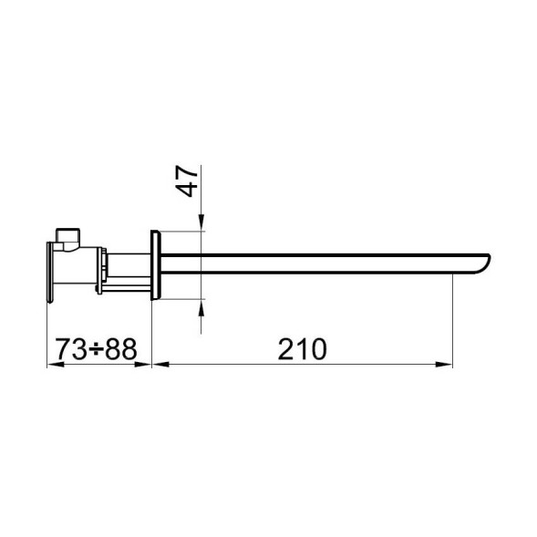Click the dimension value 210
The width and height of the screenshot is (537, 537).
pyautogui.click(x=303, y=348)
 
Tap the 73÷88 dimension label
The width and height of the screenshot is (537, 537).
pyautogui.click(x=96, y=348)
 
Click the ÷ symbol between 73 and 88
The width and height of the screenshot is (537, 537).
pyautogui.click(x=96, y=349)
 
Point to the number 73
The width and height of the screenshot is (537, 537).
pyautogui.click(x=71, y=348)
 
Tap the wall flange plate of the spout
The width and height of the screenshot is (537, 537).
pyautogui.click(x=157, y=265)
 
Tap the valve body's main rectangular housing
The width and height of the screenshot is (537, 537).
pyautogui.click(x=79, y=269)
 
